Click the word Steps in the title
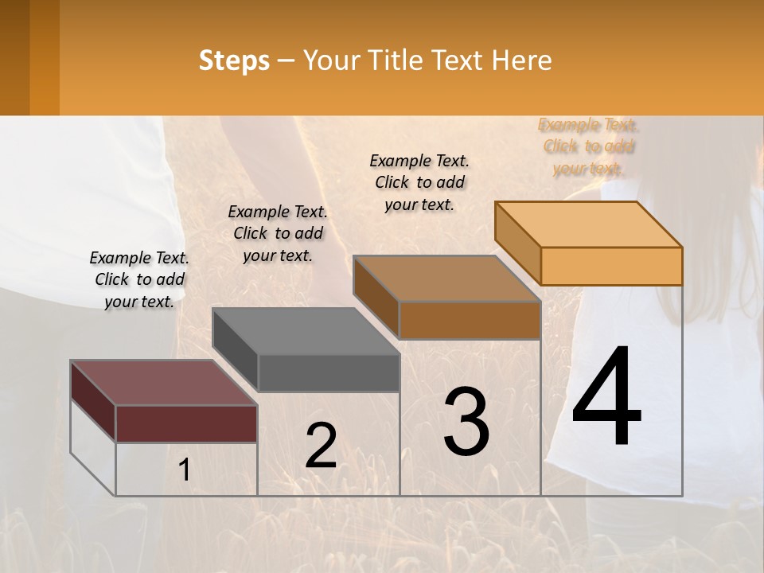(234, 60)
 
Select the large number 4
(606, 398)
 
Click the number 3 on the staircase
(466, 421)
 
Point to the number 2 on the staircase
(321, 446)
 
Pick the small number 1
(185, 470)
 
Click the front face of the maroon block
(186, 423)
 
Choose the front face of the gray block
(329, 372)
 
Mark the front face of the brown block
(470, 320)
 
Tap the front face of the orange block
(611, 266)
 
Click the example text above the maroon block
(139, 279)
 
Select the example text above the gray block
(278, 233)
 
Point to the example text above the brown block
(419, 182)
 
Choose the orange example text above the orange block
(589, 146)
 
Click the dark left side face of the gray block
(236, 350)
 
